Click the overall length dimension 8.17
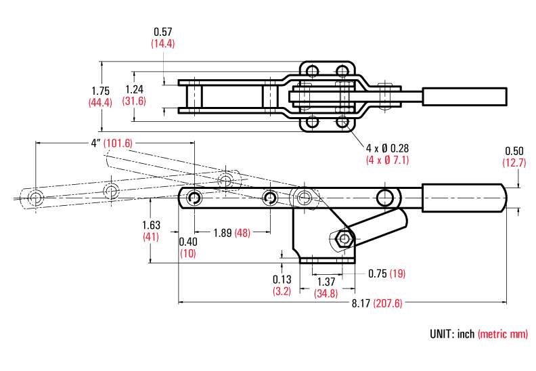361,303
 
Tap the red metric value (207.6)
388,303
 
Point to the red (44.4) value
100,102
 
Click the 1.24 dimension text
135,89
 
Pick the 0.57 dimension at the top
163,32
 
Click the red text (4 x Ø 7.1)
388,160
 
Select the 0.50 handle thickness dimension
514,151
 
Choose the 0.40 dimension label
187,242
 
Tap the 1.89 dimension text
222,233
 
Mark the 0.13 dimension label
282,280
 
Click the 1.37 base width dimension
326,282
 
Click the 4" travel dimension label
96,143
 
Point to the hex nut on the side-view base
344,238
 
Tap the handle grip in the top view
464,96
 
